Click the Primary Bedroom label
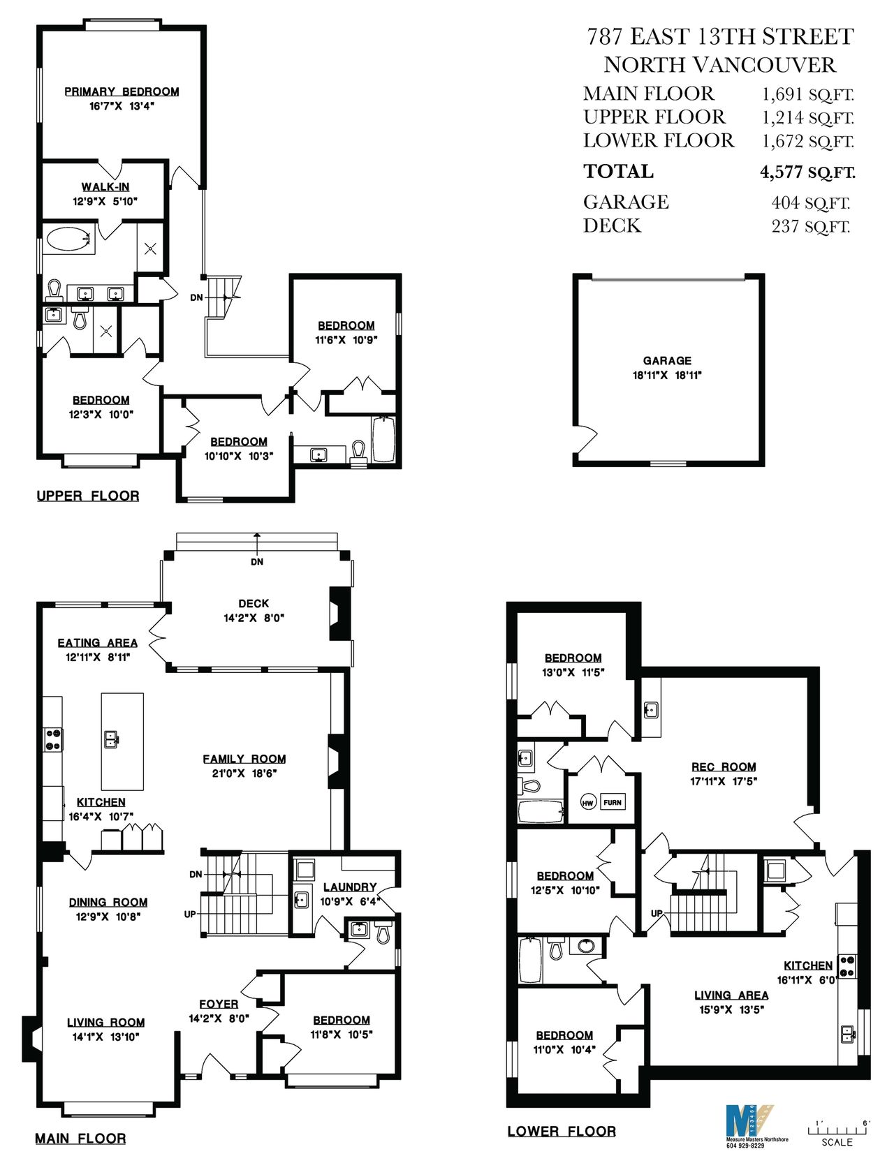click(x=122, y=91)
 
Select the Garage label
click(x=667, y=360)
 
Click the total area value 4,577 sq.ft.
click(x=807, y=172)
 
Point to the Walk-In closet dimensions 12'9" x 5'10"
click(x=105, y=202)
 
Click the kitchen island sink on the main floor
click(x=111, y=739)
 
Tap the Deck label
click(x=254, y=603)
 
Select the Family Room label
click(x=244, y=759)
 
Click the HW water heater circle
click(x=589, y=803)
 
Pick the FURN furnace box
click(x=612, y=803)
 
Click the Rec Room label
click(x=724, y=766)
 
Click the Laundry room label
click(x=350, y=887)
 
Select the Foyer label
click(x=219, y=1004)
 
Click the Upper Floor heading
click(x=88, y=496)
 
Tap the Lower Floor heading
click(x=562, y=1132)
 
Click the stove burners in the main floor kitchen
click(x=53, y=739)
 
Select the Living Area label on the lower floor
click(x=731, y=995)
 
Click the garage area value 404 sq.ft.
click(x=810, y=203)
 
